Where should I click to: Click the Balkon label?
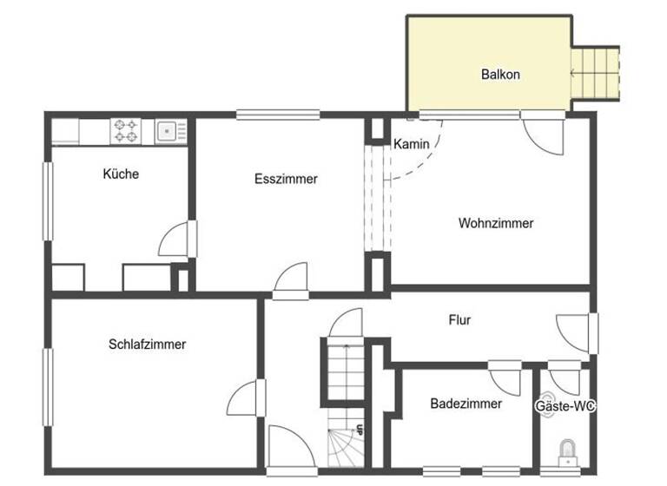click(500, 75)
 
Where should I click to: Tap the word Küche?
click(121, 174)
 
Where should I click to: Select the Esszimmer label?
click(286, 180)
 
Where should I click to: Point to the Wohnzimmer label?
click(496, 223)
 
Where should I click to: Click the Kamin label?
click(411, 144)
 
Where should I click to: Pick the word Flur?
click(459, 320)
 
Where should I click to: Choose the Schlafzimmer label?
click(148, 344)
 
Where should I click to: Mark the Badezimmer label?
click(466, 404)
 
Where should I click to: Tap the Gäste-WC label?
click(570, 405)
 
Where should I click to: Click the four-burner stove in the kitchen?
click(124, 131)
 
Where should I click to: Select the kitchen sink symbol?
click(168, 131)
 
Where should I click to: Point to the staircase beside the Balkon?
click(596, 76)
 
